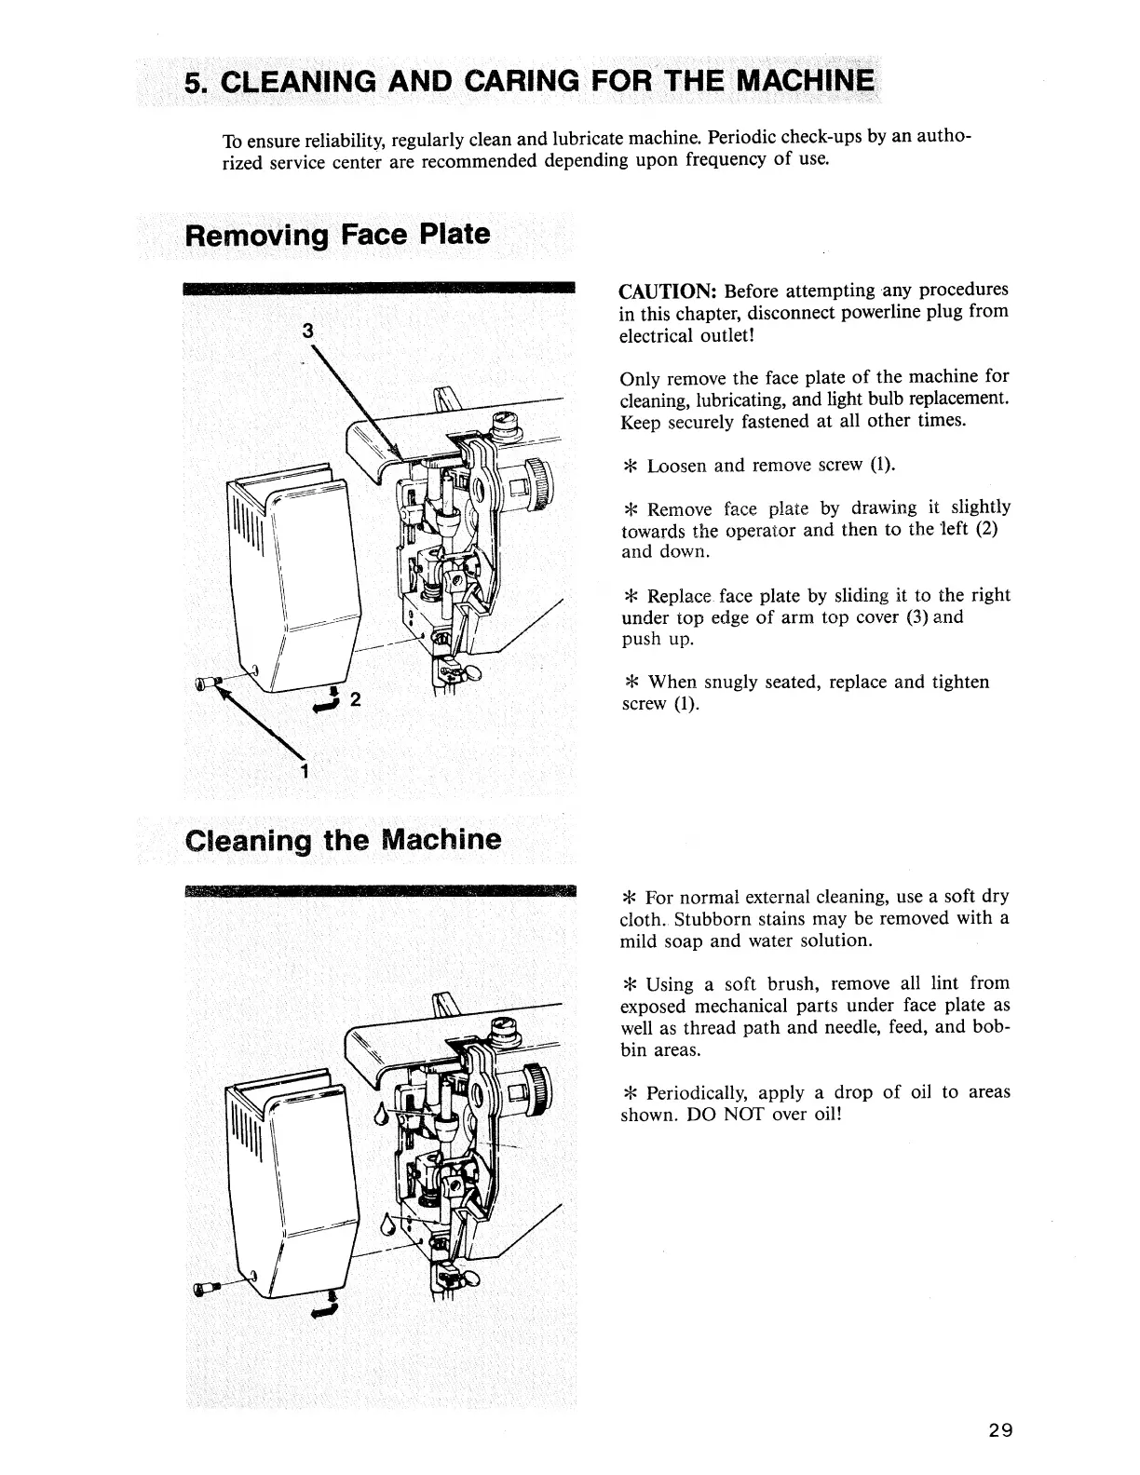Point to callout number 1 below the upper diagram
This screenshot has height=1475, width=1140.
[x=305, y=771]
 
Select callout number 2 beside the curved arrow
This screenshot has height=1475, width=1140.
[x=354, y=700]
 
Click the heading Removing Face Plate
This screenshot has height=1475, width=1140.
[x=337, y=234]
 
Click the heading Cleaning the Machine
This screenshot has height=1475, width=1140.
[x=343, y=840]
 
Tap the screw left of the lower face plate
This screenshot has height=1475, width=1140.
[x=205, y=1291]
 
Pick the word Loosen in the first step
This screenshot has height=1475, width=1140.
[x=677, y=466]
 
